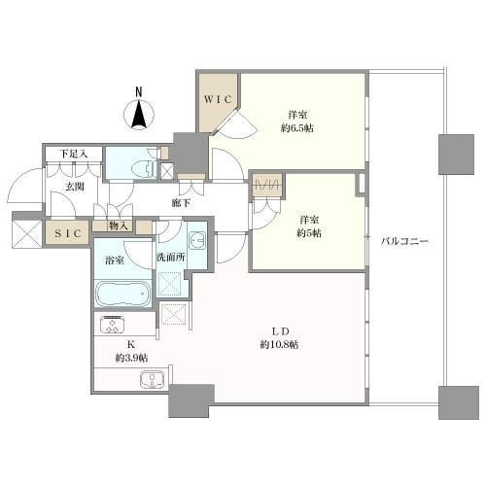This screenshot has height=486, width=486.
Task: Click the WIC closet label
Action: tap(218, 99)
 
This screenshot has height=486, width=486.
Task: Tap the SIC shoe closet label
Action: tap(68, 233)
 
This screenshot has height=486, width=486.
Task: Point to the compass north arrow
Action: tap(139, 115)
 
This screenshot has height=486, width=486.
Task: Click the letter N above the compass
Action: tap(139, 92)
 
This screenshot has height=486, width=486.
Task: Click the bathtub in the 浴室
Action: tap(123, 294)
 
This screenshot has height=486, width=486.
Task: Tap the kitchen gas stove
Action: tap(112, 324)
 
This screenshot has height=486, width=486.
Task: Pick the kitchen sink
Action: tap(153, 379)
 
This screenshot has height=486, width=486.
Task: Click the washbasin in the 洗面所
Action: tap(197, 241)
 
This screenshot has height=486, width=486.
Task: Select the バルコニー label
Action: tap(404, 241)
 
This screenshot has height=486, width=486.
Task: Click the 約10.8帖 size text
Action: tap(279, 344)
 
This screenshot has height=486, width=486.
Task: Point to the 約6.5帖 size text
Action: tap(297, 128)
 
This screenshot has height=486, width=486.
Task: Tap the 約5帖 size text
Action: tap(309, 233)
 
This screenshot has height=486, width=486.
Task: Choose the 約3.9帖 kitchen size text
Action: tap(132, 358)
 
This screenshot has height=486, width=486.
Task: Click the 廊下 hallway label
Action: tap(181, 203)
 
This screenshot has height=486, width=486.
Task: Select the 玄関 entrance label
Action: tap(75, 187)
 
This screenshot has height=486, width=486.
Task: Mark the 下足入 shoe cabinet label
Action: tap(74, 154)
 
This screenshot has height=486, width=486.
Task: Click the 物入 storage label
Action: tap(119, 226)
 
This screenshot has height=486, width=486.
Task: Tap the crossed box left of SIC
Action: tap(26, 234)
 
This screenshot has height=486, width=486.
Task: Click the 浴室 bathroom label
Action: tap(115, 260)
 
